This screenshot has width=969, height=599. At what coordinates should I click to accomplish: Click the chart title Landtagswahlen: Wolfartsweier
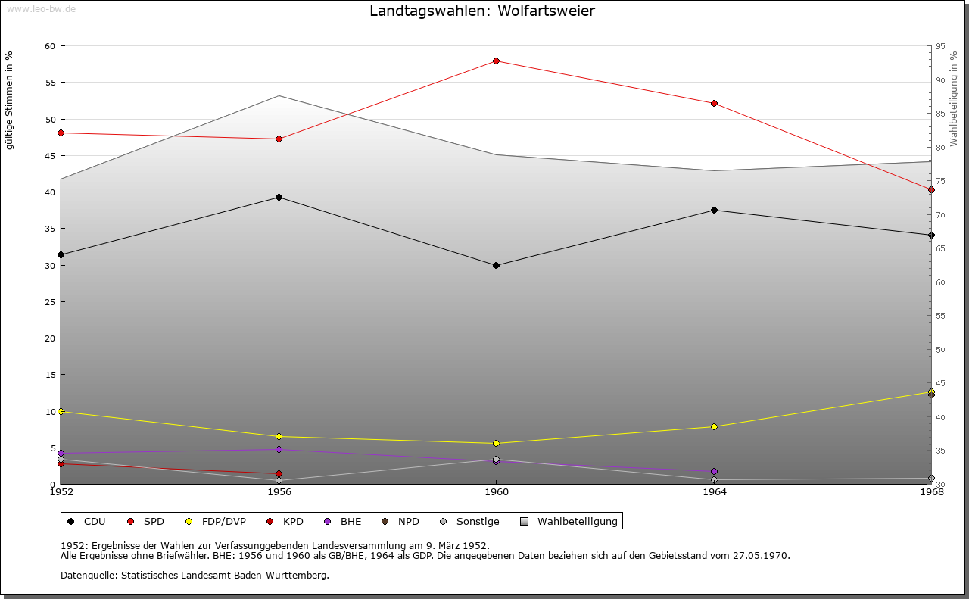(481, 11)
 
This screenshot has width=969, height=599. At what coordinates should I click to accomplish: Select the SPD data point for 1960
(496, 61)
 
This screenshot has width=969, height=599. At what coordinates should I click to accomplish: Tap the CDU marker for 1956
(279, 197)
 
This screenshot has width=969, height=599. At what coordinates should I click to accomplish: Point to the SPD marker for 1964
(714, 103)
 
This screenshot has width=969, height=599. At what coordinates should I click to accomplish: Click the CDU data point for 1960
(496, 265)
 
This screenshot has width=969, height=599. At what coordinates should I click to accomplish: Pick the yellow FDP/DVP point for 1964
(714, 426)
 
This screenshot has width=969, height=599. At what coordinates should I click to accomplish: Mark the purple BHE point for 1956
(279, 449)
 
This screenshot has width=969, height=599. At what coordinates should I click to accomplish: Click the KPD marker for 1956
(279, 473)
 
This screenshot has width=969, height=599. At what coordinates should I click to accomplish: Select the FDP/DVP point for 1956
(279, 436)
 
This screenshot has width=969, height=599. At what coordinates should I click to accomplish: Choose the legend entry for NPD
(402, 521)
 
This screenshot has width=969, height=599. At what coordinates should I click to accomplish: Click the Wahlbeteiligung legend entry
(571, 521)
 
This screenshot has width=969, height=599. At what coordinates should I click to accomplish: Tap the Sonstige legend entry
(471, 521)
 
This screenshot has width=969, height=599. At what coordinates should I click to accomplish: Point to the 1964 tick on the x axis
(714, 492)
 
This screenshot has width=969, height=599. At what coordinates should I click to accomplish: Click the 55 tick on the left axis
(50, 83)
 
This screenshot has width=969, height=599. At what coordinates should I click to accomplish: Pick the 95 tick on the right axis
(939, 46)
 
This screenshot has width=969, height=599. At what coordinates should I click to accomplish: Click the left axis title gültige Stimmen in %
(10, 100)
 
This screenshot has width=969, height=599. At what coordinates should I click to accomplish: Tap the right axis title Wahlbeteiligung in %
(954, 98)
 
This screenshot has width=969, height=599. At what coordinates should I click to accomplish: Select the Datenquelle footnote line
(195, 575)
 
